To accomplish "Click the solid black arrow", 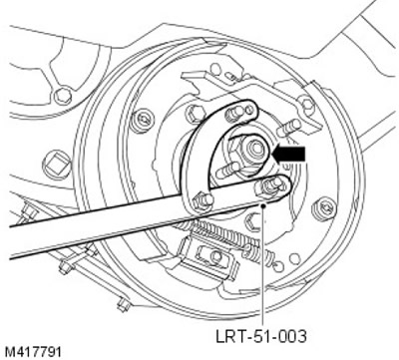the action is [x=288, y=154].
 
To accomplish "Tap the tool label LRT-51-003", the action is [x=261, y=337].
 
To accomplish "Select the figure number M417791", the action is [x=33, y=352].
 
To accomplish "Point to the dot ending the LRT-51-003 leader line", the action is [x=263, y=205].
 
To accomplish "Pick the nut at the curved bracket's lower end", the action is [x=201, y=201].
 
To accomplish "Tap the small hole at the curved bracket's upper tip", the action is [x=248, y=109].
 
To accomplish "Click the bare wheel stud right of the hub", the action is [x=288, y=128].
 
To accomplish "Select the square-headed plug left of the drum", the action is [x=57, y=165].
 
